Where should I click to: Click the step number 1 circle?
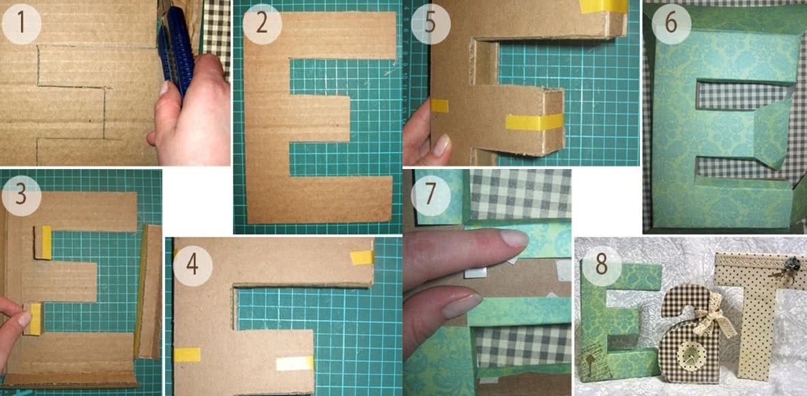coord(21,24)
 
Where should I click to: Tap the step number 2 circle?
coord(263,24)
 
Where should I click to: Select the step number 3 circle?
coord(21,196)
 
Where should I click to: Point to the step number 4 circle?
coord(192,264)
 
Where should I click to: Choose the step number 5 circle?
coord(431,24)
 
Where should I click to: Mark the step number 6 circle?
coord(671,24)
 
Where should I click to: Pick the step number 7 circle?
coord(430,196)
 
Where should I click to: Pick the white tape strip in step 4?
coord(295,363)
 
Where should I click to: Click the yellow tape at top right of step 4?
coord(362,257)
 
